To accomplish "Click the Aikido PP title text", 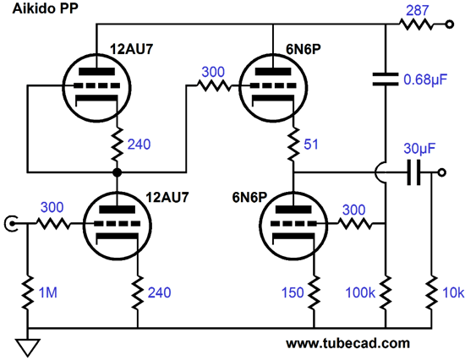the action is tap(46, 8).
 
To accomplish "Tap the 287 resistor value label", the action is tap(418, 11).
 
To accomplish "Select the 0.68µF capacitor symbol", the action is tap(386, 79).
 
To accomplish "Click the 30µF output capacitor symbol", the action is tap(414, 172).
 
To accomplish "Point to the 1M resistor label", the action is tap(47, 292).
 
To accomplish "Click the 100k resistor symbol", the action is tap(386, 292).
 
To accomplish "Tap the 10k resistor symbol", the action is tap(431, 292).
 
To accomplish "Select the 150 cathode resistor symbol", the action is tap(314, 292).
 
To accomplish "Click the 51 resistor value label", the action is tap(311, 145).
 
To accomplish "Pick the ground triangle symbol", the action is tap(28, 347).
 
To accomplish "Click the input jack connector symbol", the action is tap(11, 224).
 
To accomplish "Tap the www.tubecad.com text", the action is tap(347, 343).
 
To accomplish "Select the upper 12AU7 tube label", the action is tap(131, 49).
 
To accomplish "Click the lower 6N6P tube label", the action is tap(249, 197).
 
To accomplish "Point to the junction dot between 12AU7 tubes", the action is tap(118, 172).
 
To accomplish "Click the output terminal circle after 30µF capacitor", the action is tap(442, 172).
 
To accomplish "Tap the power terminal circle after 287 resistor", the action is tap(450, 25).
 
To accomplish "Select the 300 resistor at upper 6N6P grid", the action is tap(214, 86).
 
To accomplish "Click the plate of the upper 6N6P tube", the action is tap(273, 72).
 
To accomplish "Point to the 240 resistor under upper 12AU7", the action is tap(118, 145).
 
